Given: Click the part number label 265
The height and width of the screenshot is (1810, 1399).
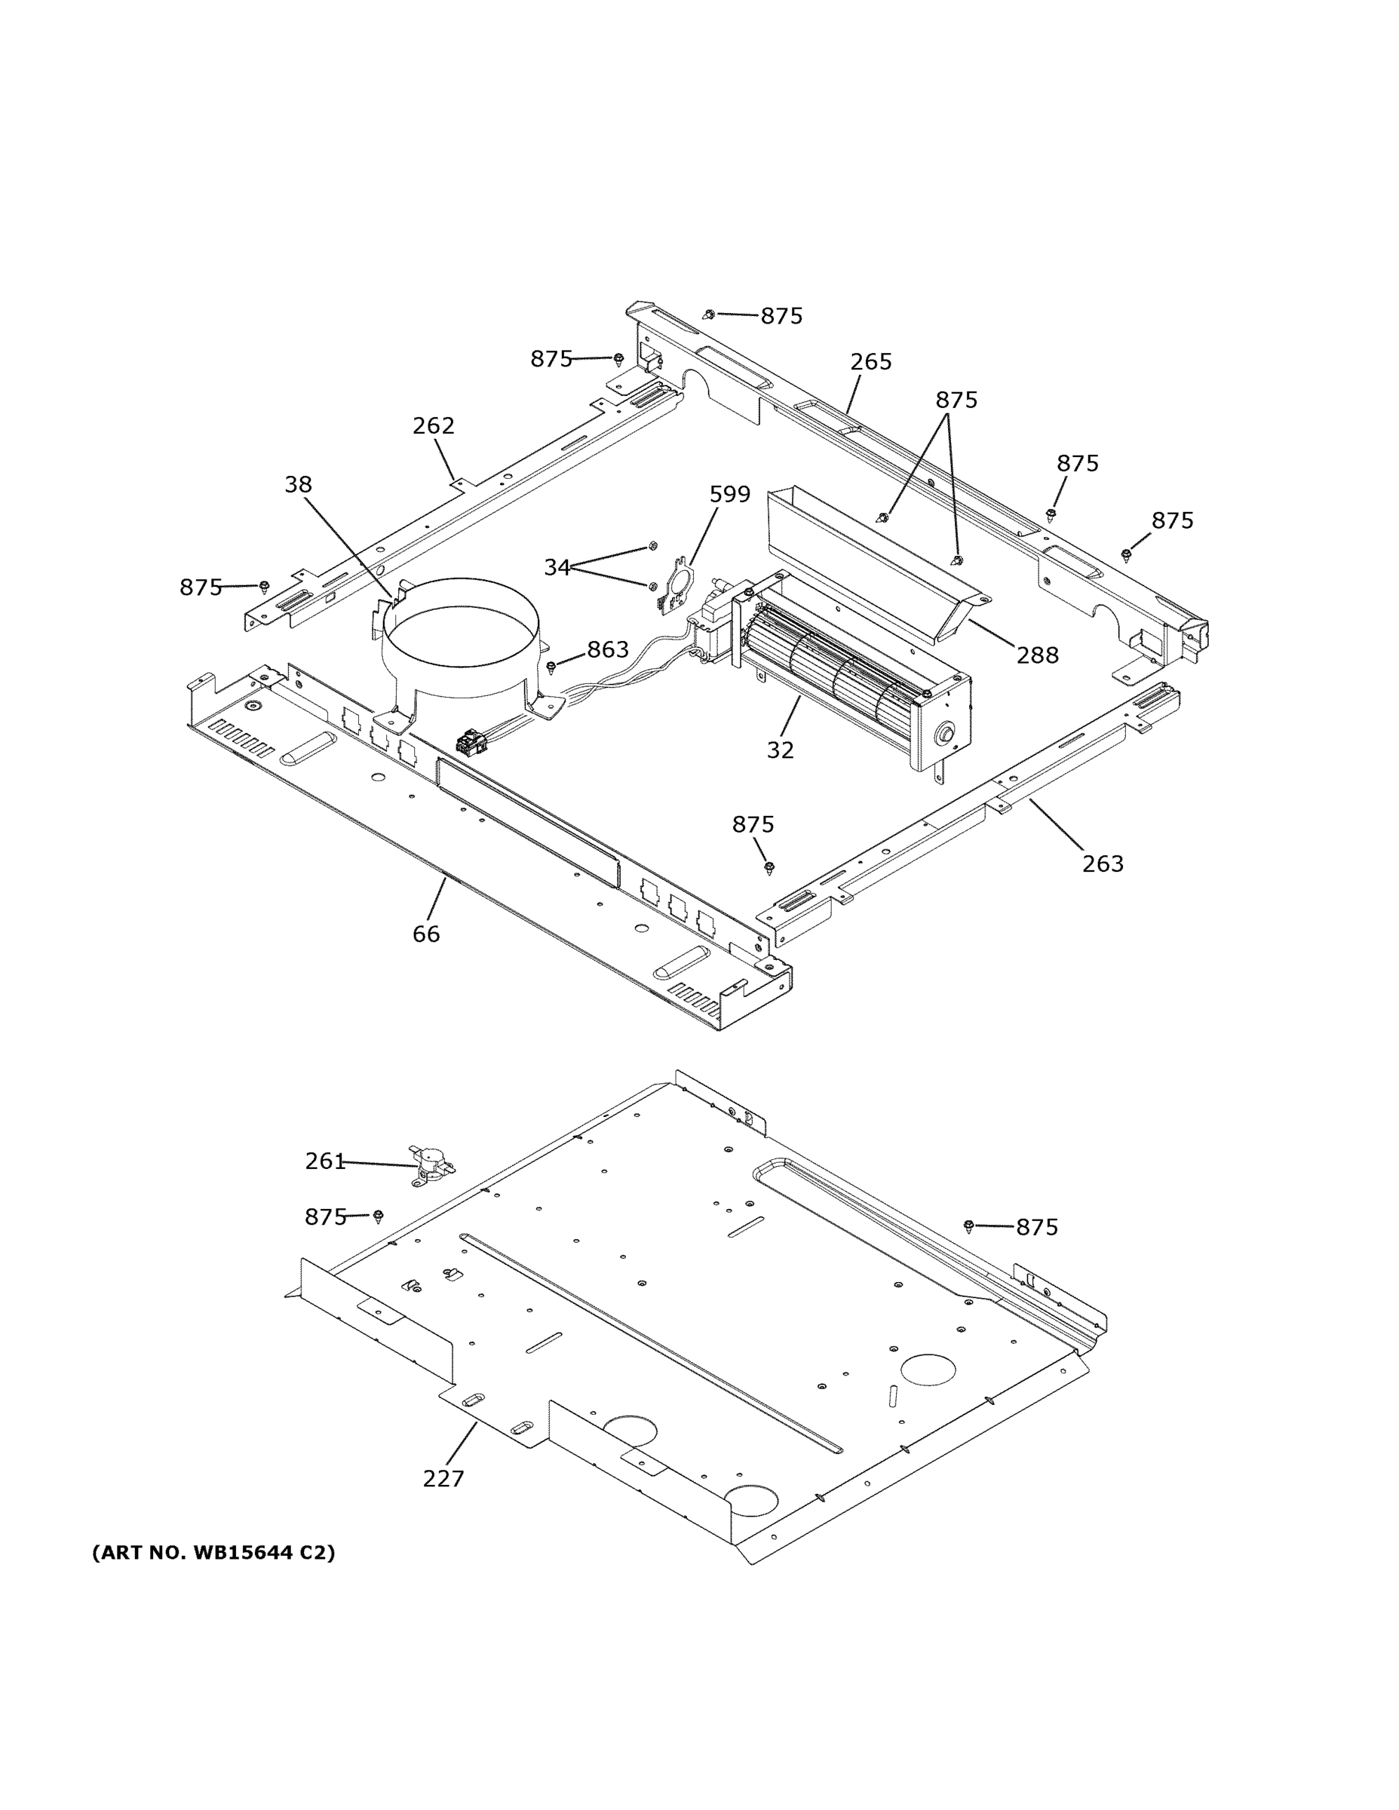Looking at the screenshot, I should click(x=870, y=361).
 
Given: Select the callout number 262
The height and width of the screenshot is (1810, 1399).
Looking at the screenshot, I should click(x=434, y=425).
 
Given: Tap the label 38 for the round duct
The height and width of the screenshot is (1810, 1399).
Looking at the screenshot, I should click(x=298, y=484).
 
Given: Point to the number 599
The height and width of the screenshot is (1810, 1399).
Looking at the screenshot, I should click(x=729, y=494).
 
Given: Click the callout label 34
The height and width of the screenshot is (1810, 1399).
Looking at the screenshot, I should click(x=557, y=567).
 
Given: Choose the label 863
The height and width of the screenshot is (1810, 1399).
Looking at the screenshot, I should click(x=608, y=650).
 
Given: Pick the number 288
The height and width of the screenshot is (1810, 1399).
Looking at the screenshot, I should click(x=1038, y=655).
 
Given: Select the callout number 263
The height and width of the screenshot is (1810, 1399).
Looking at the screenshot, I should click(x=1103, y=864).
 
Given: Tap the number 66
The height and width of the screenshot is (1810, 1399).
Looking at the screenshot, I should click(x=426, y=934).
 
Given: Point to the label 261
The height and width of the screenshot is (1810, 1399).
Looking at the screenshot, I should click(x=325, y=1161).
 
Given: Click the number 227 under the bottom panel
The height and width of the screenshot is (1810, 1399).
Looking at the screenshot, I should click(x=443, y=1478).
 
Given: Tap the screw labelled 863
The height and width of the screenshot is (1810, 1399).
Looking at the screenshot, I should click(x=551, y=667).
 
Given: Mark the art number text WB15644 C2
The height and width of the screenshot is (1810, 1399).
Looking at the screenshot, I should click(x=213, y=1552).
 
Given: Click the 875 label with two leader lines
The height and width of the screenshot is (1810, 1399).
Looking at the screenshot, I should click(x=956, y=400).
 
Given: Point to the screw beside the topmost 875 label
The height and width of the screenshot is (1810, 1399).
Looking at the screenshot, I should click(x=709, y=315).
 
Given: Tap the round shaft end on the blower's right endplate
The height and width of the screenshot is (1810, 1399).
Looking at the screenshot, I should click(x=944, y=734).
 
